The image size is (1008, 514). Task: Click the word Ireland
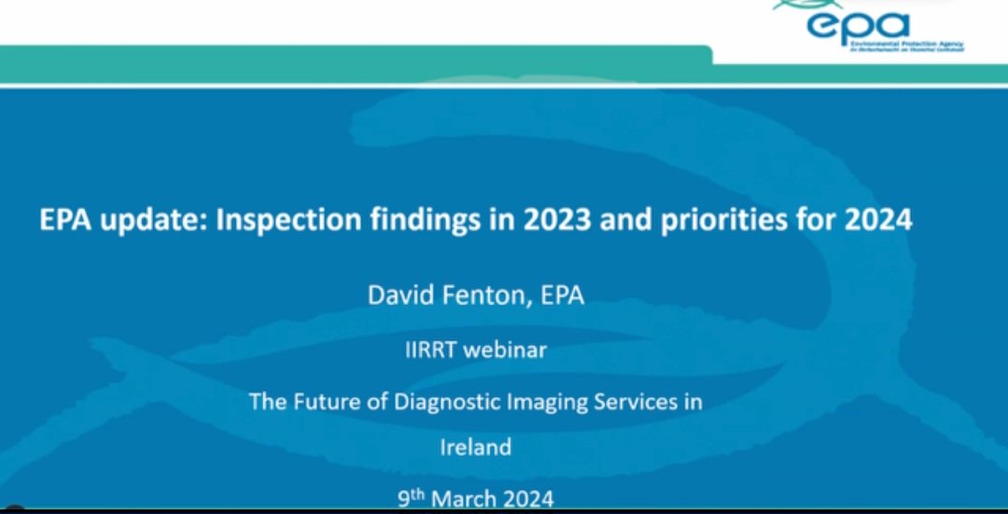point(475,447)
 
